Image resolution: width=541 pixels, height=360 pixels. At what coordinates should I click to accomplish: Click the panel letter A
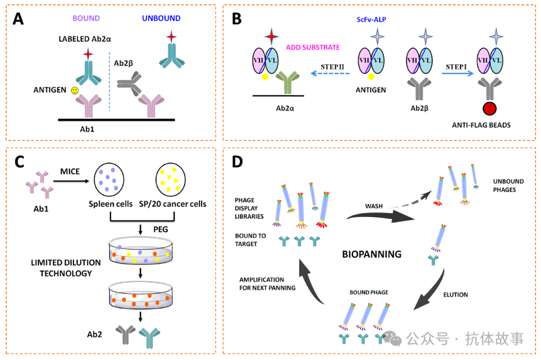tap(18, 19)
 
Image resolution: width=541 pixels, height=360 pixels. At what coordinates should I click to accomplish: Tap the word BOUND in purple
tap(86, 19)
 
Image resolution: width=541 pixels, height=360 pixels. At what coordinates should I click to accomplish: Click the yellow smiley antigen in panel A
tap(75, 90)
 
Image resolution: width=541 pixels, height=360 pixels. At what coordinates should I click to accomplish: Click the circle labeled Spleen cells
tap(110, 179)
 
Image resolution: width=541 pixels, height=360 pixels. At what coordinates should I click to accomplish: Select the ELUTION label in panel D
tap(455, 295)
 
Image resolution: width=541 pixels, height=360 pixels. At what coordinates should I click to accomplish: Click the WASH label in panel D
tap(373, 206)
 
